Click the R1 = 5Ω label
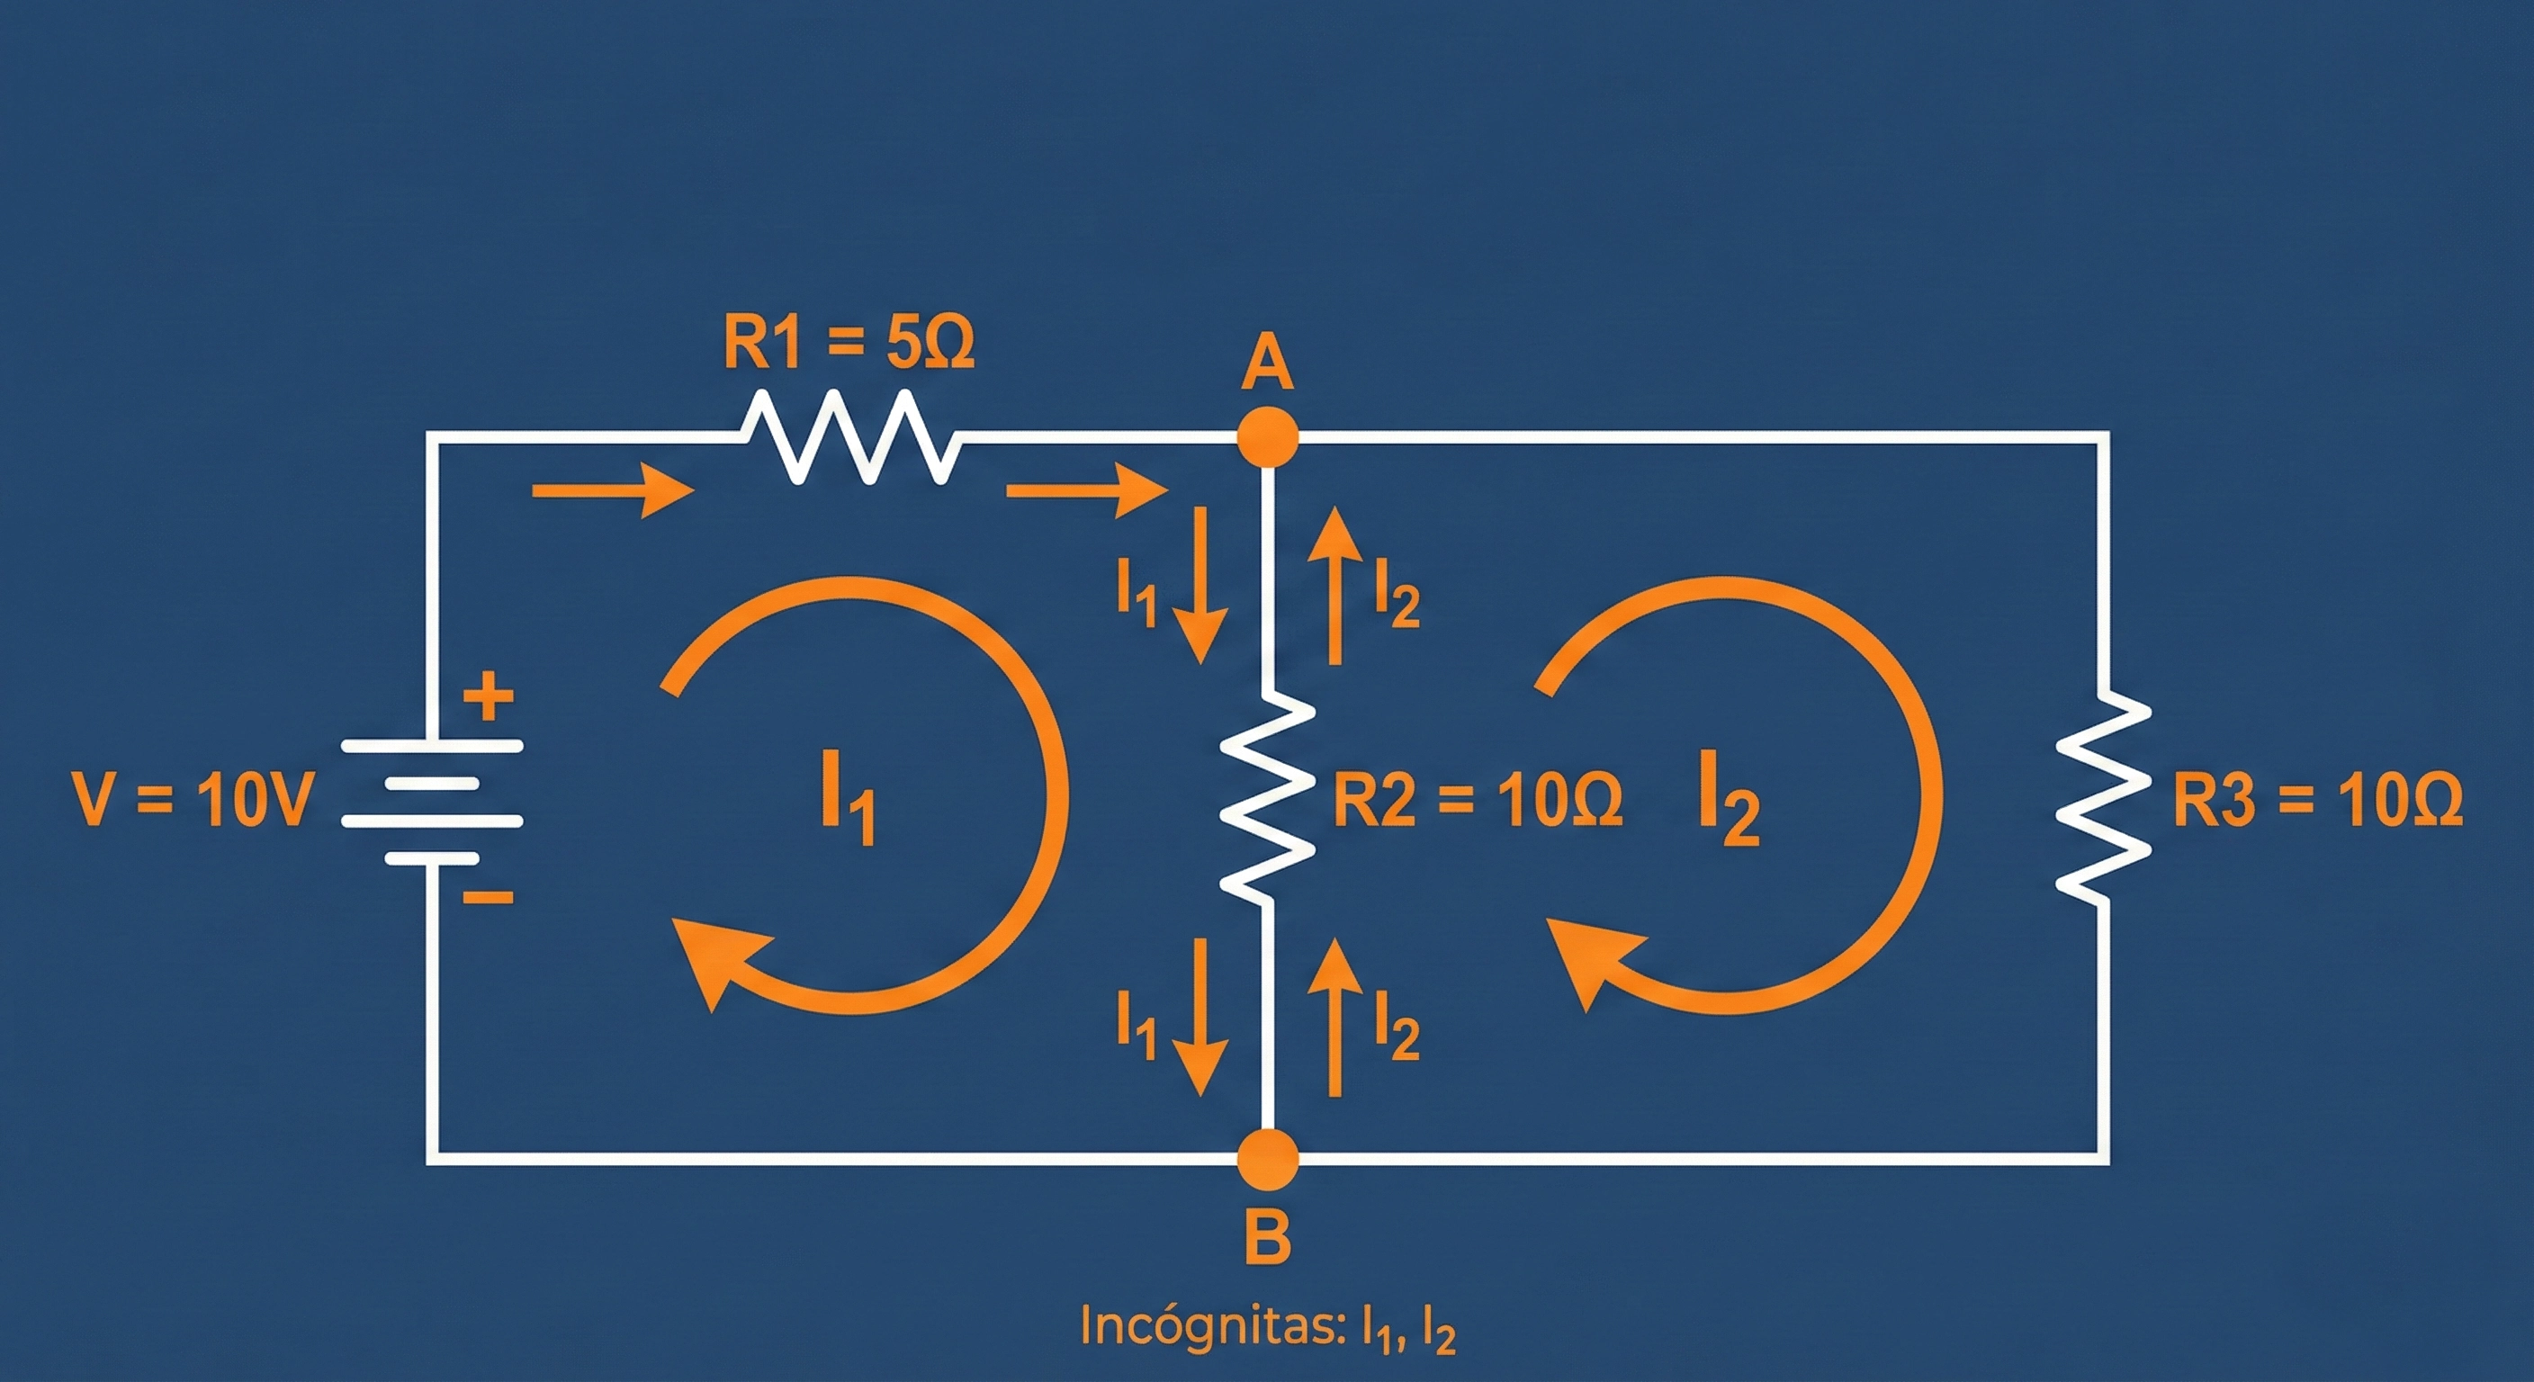(848, 344)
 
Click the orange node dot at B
(1268, 1160)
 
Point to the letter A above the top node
(1267, 366)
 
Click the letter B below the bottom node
(1267, 1237)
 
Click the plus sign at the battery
(489, 698)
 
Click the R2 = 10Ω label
(1477, 800)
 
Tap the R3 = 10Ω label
(2316, 800)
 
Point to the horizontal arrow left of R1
(612, 489)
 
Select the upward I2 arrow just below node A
(1334, 585)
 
